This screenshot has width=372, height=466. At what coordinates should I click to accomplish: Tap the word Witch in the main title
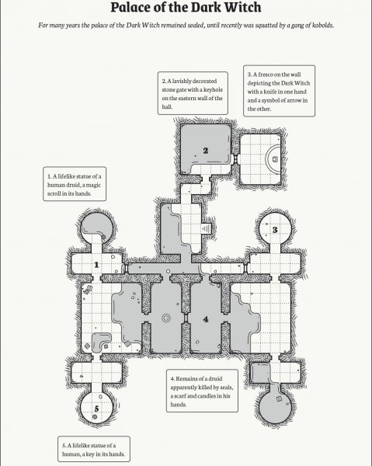[243, 7]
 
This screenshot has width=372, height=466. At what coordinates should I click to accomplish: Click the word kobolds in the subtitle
[322, 26]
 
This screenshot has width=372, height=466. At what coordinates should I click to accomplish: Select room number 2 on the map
[206, 151]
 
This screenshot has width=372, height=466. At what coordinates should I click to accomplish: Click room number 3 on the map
[275, 230]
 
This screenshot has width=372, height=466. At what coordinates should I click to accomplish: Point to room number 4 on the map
[206, 319]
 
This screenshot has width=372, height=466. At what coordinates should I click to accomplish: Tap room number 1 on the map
[96, 265]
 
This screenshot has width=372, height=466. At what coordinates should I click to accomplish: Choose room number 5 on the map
[96, 409]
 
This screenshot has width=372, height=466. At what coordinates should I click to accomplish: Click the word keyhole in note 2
[213, 90]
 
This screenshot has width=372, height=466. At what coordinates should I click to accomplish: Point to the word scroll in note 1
[54, 193]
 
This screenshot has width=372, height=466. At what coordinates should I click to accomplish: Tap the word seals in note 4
[227, 388]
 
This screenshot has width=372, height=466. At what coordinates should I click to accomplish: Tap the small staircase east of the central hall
[206, 229]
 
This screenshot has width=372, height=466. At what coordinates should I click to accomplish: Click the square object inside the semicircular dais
[275, 159]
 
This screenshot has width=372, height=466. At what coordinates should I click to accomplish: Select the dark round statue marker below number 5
[95, 417]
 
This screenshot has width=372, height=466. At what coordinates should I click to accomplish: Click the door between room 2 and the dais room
[235, 159]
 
